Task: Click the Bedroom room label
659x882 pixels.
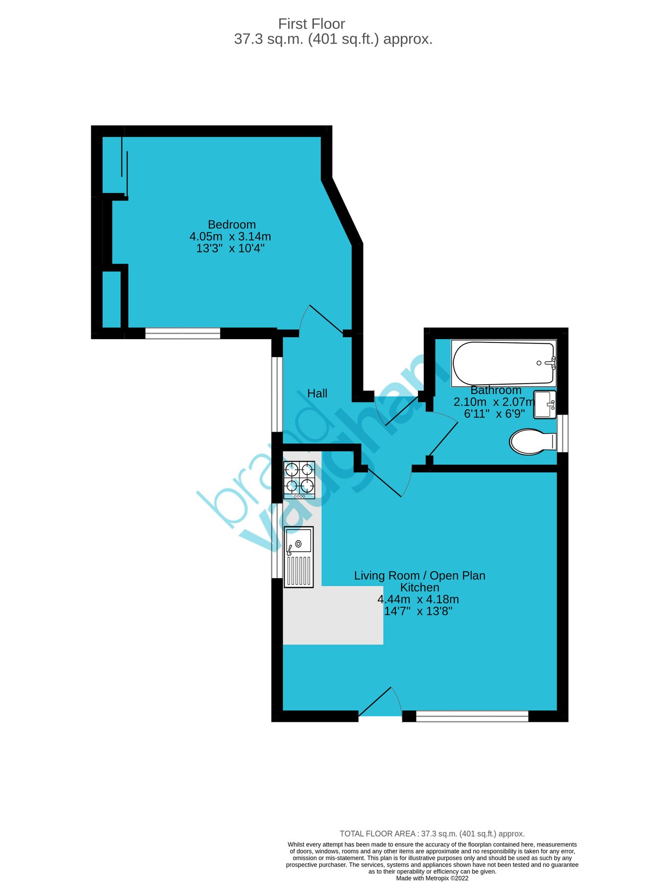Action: pos(232,224)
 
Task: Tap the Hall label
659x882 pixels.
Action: pos(317,393)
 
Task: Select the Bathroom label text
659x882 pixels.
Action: pos(495,390)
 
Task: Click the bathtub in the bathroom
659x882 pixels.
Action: pos(504,363)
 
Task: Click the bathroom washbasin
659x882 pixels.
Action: pos(544,404)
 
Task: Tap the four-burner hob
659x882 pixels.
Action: pos(299,480)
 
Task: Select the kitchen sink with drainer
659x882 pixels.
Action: pos(298,557)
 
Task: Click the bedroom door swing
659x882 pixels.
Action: pos(323,319)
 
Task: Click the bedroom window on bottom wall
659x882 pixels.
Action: pos(182,334)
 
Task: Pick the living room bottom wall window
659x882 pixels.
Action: pos(472,716)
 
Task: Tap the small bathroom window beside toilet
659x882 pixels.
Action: pos(563,433)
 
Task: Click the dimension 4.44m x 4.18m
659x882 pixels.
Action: pos(418,599)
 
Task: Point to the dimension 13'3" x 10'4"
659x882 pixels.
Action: pos(230,248)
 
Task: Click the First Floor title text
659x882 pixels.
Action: pos(312,24)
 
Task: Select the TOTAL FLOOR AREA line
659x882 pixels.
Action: pos(432,833)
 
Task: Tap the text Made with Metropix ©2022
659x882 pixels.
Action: pos(432,878)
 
